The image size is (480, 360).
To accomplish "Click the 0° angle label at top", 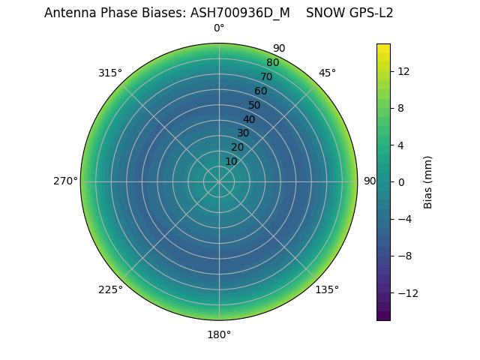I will [219, 28].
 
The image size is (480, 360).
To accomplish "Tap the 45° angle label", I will [327, 73].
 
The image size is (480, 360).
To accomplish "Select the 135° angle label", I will [327, 289].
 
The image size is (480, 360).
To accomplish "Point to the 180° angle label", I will [219, 334].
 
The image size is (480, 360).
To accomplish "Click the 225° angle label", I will [110, 289].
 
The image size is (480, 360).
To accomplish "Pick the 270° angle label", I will [65, 181].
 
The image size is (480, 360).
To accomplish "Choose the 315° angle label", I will [110, 73].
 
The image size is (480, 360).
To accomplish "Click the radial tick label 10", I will [231, 161].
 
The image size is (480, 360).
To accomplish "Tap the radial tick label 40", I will [249, 119].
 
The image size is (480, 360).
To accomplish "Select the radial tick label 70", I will [266, 76].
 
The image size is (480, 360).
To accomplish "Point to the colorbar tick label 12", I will [403, 71].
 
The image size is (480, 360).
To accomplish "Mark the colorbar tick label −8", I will [403, 256].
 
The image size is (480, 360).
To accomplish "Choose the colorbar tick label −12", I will [406, 292].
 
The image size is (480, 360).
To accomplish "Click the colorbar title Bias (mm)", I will [428, 182].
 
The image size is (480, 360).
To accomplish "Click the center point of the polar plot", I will [219, 181].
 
